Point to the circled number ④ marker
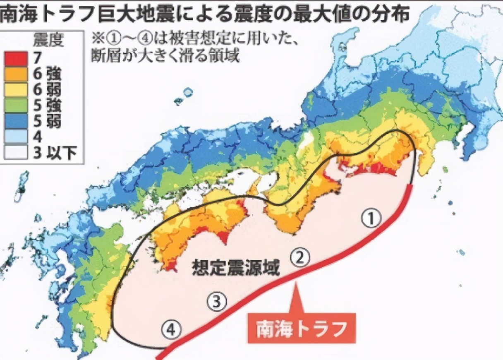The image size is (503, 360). coord(172,330)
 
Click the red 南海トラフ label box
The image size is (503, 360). coord(301,329)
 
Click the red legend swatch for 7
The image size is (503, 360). coord(15,58)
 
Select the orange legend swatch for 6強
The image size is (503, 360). coord(15,74)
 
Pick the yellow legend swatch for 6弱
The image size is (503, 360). coord(15,90)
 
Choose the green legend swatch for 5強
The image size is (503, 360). coord(15,106)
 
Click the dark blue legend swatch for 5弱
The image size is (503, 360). coord(15,121)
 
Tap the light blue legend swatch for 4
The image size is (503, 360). coord(15,136)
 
